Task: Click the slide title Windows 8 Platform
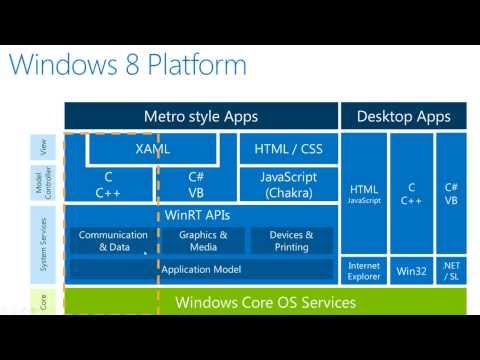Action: (x=128, y=66)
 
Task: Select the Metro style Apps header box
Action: (x=201, y=117)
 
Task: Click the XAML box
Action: (x=152, y=149)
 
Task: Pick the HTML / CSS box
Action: (x=288, y=149)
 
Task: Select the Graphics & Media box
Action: (x=197, y=240)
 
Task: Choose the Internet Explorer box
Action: (x=364, y=269)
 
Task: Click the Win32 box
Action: (x=412, y=269)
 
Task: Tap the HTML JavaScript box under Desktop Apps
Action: (x=364, y=192)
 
